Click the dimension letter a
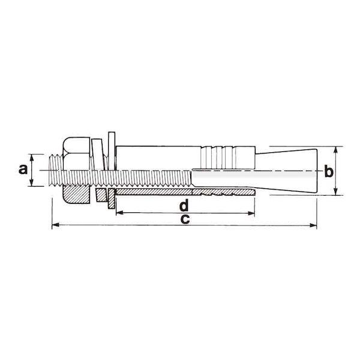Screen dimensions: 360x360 23,170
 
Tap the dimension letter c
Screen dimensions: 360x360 185,219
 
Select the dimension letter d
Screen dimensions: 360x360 184,205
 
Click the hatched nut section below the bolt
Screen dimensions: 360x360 76,194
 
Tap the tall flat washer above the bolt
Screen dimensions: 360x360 112,151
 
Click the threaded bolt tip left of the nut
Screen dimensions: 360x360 56,170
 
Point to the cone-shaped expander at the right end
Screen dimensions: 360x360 286,171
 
